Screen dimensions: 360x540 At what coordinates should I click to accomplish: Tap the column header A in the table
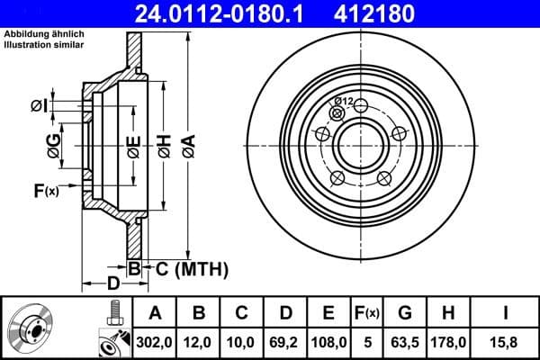click(x=155, y=313)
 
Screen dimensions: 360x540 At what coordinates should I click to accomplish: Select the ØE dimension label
click(x=132, y=144)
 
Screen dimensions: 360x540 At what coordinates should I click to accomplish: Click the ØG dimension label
click(x=55, y=144)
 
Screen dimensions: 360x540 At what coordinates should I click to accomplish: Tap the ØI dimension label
click(x=38, y=105)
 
